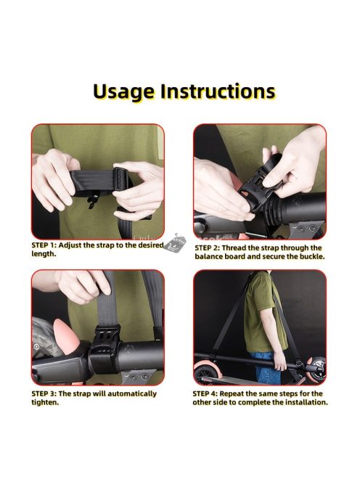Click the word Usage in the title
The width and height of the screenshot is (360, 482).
[x=123, y=92]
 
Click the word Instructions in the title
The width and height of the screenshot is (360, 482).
[x=218, y=91]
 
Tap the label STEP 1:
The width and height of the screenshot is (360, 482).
[x=44, y=245]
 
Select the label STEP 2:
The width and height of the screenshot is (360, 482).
[x=207, y=248]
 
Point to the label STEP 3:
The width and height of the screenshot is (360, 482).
[x=44, y=393]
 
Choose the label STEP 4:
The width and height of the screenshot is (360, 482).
[x=205, y=393]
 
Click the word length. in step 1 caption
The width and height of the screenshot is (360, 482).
[x=44, y=254]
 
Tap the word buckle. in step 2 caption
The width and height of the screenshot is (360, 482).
[x=312, y=256]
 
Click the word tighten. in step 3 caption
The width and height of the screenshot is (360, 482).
[x=45, y=402]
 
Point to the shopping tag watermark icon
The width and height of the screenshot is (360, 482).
[x=175, y=243]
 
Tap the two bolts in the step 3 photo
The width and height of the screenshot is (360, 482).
[x=139, y=376]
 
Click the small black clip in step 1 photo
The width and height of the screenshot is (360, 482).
[x=92, y=201]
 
